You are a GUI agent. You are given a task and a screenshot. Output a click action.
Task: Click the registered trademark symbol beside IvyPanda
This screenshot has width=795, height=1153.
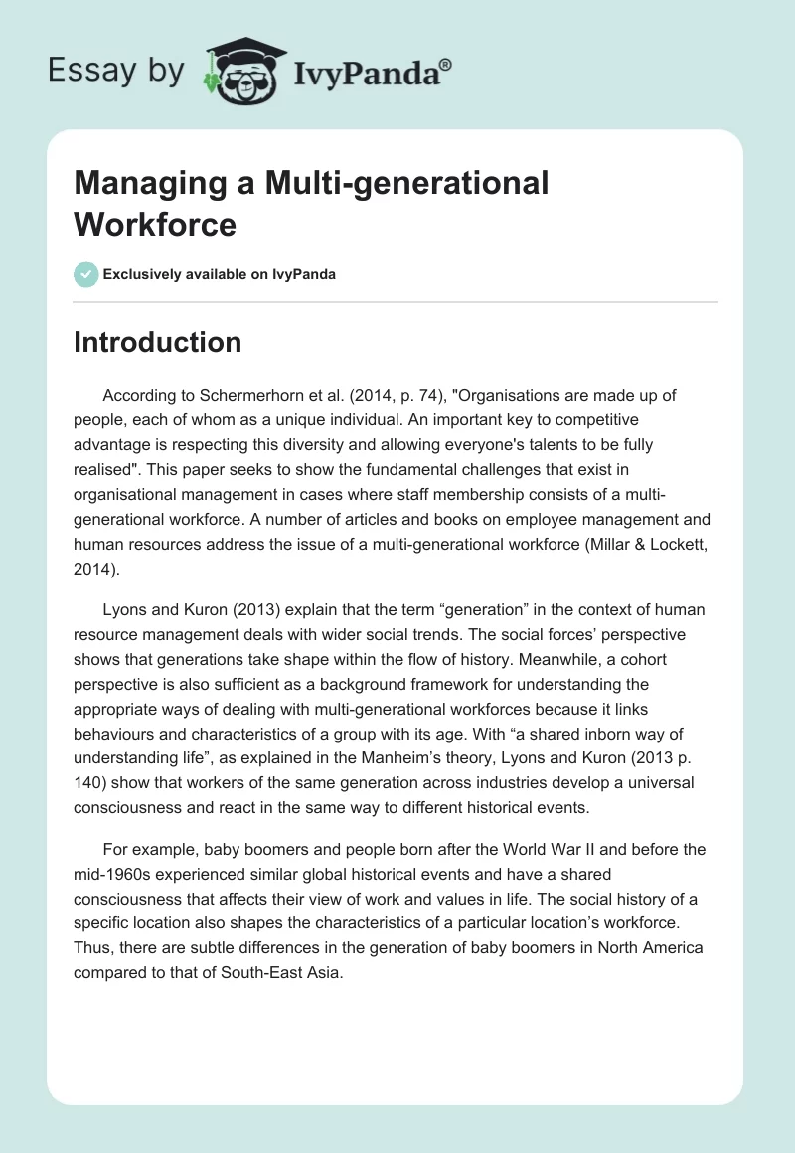446,64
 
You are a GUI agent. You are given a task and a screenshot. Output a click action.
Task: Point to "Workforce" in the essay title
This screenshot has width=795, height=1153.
155,224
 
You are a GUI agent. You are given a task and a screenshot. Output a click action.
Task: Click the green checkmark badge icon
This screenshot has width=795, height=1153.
86,274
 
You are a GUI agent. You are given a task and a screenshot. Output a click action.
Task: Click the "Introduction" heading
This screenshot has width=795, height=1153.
158,342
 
